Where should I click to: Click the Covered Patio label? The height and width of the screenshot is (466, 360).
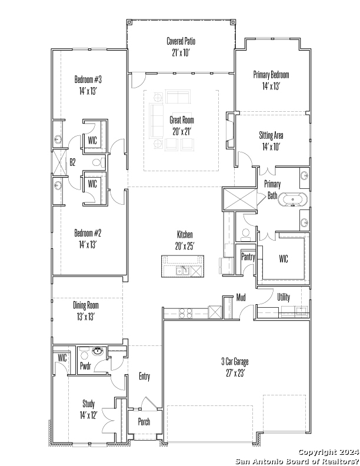click(x=181, y=41)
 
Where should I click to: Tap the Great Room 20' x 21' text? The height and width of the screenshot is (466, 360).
click(x=182, y=126)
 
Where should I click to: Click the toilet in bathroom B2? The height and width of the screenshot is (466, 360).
click(x=99, y=162)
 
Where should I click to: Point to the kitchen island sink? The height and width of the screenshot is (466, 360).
click(x=183, y=271)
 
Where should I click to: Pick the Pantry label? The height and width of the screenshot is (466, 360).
click(x=248, y=257)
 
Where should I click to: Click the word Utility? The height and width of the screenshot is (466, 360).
click(x=284, y=297)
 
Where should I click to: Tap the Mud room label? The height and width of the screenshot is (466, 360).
click(x=241, y=297)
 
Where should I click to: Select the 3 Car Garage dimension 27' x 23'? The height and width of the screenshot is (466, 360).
click(x=235, y=373)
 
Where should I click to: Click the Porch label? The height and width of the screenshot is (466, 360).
click(x=144, y=421)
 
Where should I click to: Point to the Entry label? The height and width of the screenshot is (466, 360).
click(x=144, y=377)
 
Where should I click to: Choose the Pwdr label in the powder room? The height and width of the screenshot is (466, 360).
click(x=85, y=365)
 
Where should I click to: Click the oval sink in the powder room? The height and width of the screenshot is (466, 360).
click(x=98, y=351)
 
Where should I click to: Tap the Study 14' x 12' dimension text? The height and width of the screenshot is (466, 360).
click(x=88, y=415)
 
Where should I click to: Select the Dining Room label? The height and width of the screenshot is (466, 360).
click(x=86, y=305)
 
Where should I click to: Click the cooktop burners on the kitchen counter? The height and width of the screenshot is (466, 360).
click(x=186, y=314)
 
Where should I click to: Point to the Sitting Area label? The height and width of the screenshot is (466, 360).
click(x=271, y=135)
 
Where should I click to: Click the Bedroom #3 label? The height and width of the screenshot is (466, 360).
click(x=88, y=79)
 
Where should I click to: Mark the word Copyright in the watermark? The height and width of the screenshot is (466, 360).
click(x=316, y=452)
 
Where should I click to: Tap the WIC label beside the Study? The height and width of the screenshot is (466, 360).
click(x=62, y=358)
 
